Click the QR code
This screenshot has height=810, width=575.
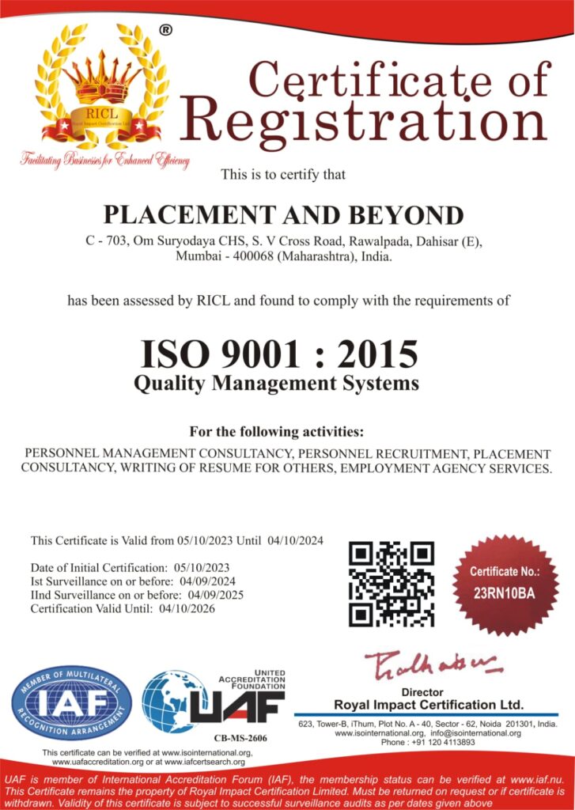tap(392, 584)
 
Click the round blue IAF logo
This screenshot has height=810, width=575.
tap(71, 703)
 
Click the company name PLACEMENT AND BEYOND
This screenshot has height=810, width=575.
tap(285, 214)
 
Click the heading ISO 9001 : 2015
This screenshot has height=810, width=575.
tap(279, 354)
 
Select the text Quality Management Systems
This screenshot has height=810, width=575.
tap(276, 384)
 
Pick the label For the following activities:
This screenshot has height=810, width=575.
tap(276, 432)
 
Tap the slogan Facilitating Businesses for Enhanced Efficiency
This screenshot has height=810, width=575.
tap(105, 160)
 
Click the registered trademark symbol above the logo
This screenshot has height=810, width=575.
tap(165, 30)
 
